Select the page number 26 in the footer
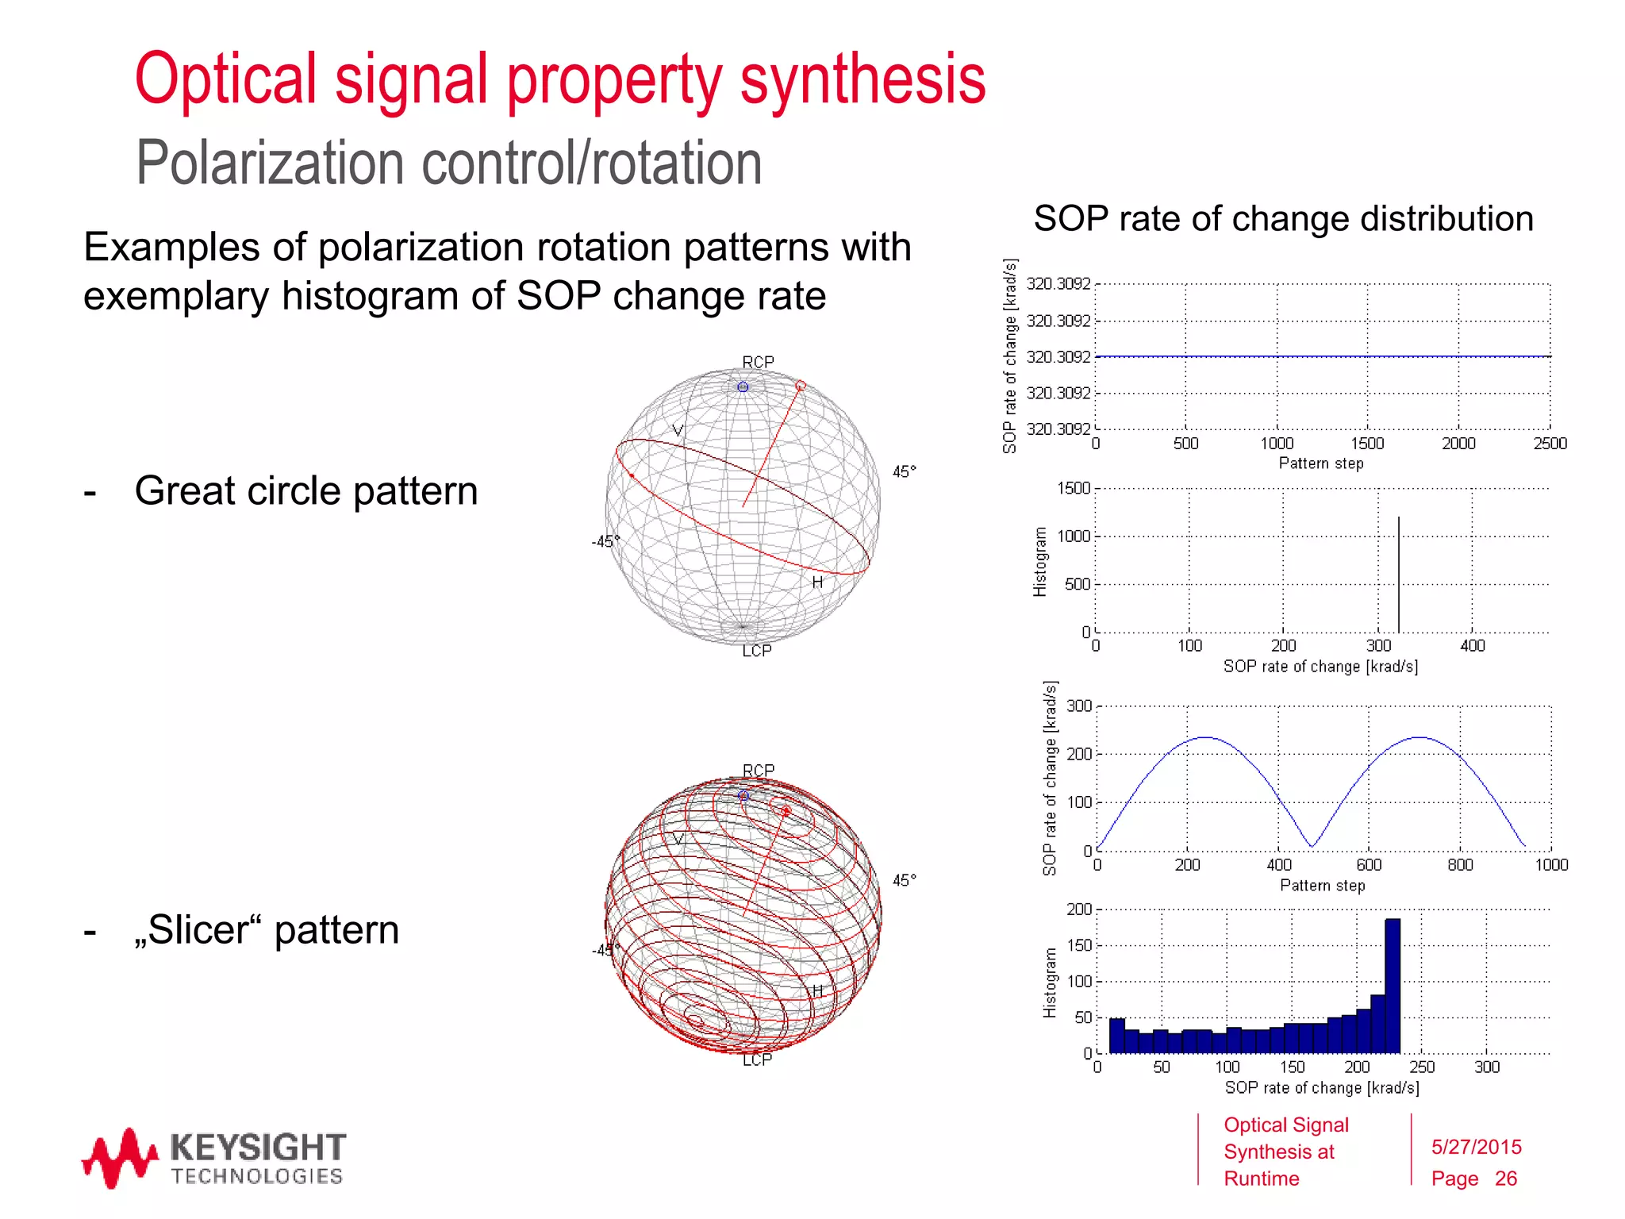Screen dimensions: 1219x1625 [x=1505, y=1179]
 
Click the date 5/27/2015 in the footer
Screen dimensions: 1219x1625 [x=1476, y=1147]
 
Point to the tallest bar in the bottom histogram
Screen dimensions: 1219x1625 [x=1393, y=984]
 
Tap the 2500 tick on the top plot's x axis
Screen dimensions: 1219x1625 [x=1550, y=444]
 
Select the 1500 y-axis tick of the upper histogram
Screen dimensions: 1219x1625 [x=1074, y=489]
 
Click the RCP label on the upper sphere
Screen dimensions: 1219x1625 [x=758, y=362]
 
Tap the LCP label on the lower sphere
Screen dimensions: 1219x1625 [x=757, y=1059]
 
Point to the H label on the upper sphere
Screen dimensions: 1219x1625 [x=817, y=583]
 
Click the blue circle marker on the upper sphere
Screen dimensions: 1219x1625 [x=743, y=387]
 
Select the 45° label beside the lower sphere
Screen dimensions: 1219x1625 [x=904, y=880]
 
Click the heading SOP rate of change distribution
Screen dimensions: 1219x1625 [x=1283, y=218]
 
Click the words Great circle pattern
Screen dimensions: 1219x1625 [x=306, y=490]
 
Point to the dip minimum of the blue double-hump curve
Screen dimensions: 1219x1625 [x=1312, y=846]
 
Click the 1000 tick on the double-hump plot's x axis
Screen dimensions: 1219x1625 [x=1550, y=865]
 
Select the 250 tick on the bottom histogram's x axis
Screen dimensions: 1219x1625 [x=1421, y=1067]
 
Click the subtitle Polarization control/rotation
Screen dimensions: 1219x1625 [x=448, y=163]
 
